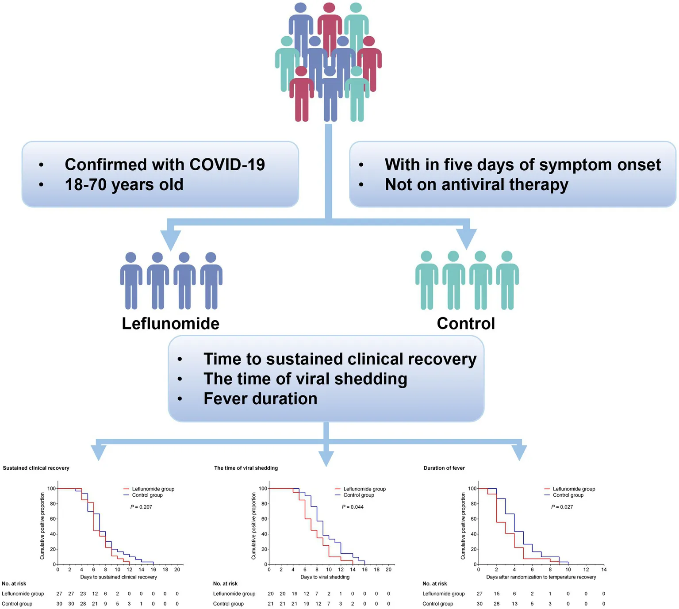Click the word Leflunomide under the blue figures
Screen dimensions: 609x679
tap(170, 324)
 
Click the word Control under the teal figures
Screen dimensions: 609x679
tap(466, 324)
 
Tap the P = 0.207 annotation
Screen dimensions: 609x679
tap(141, 507)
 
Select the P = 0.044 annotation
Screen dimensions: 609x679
tap(353, 507)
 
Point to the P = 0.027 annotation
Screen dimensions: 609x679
tap(562, 507)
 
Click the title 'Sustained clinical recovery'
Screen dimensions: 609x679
tap(36, 468)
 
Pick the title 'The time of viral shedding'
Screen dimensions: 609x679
tap(246, 468)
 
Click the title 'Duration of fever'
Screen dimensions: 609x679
tap(444, 468)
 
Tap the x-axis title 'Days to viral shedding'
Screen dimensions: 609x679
tap(325, 577)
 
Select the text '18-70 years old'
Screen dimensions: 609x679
tap(124, 184)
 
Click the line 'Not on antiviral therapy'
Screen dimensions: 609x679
tap(476, 184)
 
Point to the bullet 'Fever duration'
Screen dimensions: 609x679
tap(260, 399)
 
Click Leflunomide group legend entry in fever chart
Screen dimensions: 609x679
tap(574, 489)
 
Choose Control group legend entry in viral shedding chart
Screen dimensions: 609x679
tap(358, 495)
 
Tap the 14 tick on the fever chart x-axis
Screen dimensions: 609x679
tap(604, 570)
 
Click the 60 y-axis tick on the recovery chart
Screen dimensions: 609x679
tap(53, 519)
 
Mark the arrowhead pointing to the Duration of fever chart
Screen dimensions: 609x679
tap(519, 453)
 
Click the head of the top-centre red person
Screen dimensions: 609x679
tap(329, 8)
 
